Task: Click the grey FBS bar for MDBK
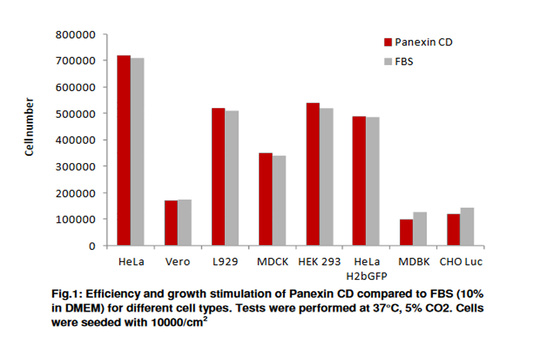coord(420,229)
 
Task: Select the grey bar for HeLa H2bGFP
coord(373,181)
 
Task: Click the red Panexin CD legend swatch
coord(387,43)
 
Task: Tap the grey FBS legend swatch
coord(387,62)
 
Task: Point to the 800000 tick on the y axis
coord(76,35)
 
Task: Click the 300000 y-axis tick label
coord(76,167)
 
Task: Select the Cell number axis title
coord(30,127)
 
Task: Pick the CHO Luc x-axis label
coord(461,262)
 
